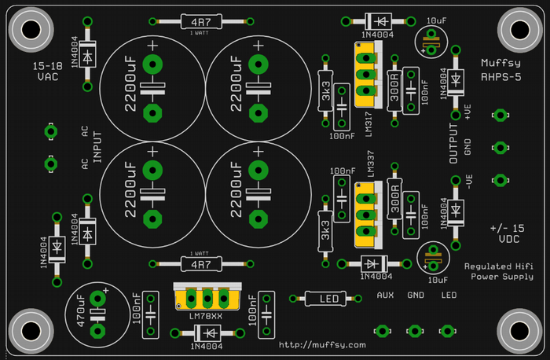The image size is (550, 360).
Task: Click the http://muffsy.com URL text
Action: coord(323,344)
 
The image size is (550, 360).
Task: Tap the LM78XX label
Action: coord(206,316)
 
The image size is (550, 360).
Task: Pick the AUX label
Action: coord(385,295)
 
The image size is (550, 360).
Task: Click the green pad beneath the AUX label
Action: coord(383,331)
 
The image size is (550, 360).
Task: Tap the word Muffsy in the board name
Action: coord(499,61)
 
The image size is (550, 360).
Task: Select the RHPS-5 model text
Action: coord(499,76)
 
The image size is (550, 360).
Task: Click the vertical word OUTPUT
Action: coord(453,144)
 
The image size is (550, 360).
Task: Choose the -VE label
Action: coord(467,182)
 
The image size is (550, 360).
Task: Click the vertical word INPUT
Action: coord(98,146)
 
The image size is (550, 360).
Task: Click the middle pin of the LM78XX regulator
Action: coord(207,299)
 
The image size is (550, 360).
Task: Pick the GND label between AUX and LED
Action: coord(416,295)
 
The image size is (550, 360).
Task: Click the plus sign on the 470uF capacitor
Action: coord(104,290)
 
